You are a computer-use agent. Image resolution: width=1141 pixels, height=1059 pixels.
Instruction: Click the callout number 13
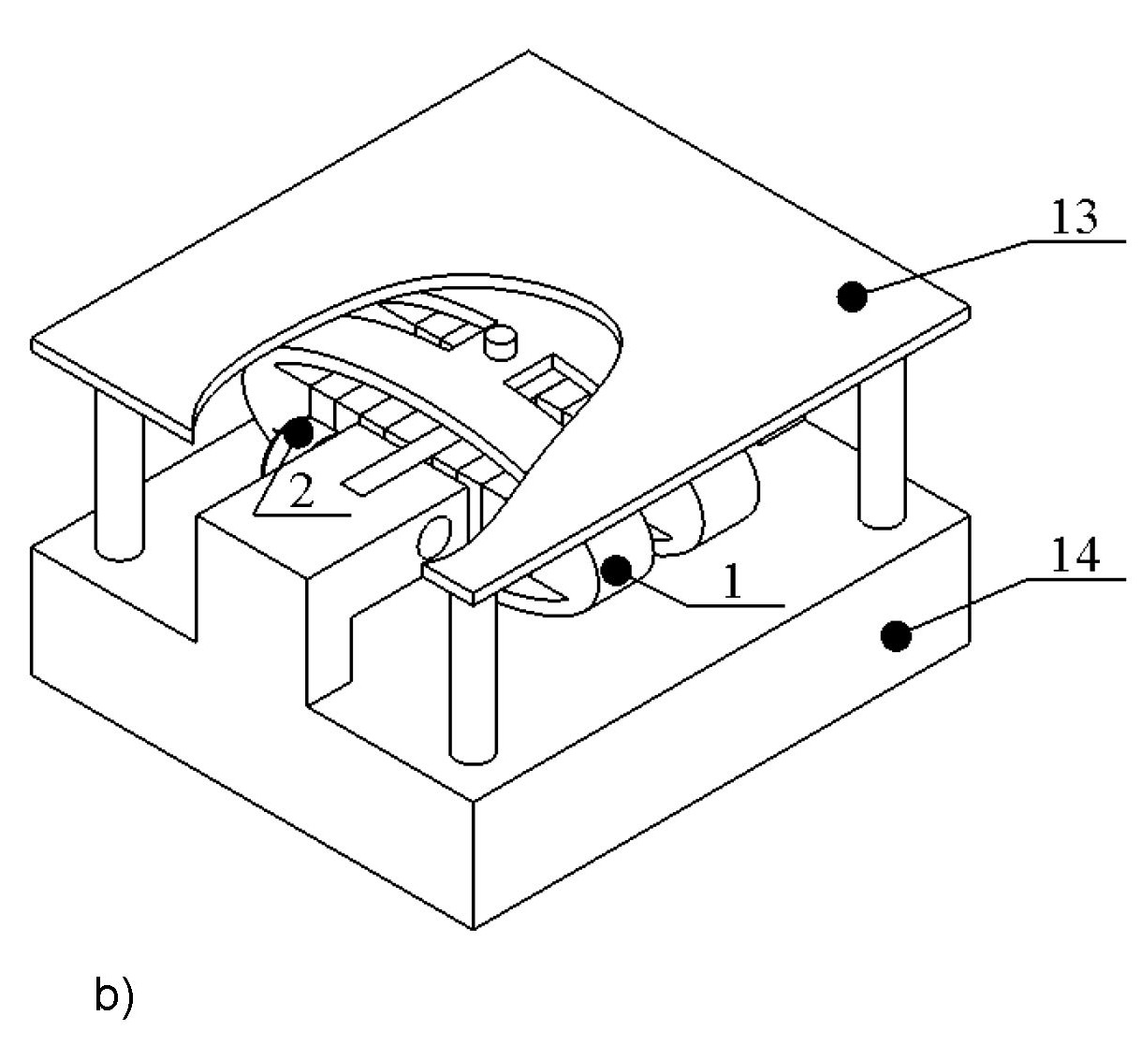coord(1074,218)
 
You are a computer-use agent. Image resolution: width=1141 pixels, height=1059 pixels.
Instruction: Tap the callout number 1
coord(733,582)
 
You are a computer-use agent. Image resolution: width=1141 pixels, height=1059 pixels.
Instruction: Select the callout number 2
coord(301,491)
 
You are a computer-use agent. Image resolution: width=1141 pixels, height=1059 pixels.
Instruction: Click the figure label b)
coord(114,997)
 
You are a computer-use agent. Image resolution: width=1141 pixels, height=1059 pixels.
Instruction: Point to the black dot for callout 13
coord(852,297)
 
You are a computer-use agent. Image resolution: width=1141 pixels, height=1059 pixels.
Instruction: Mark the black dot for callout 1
coord(616,571)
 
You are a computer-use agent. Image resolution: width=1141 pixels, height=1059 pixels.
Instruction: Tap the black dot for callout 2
coord(299,432)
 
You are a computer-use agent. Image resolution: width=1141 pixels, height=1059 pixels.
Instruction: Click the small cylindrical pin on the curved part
coord(501,342)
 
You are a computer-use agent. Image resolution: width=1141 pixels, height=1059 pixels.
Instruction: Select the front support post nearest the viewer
coord(473,679)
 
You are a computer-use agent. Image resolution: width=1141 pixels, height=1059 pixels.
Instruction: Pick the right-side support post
coord(883,442)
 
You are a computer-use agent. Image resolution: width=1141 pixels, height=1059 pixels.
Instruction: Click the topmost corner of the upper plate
coord(528,51)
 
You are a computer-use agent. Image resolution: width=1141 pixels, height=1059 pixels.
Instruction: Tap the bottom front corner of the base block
coord(473,929)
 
